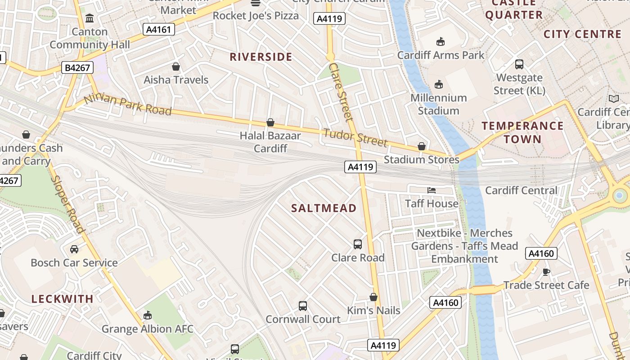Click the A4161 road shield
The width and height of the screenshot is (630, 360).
[159, 30]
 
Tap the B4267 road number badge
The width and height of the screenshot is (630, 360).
[77, 68]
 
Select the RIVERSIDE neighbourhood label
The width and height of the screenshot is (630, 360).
[261, 57]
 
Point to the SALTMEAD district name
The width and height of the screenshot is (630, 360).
[324, 208]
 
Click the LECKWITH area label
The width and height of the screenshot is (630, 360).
[63, 298]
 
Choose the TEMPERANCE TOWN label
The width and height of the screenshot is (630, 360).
[522, 132]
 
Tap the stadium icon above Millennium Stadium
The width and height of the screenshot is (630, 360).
[439, 84]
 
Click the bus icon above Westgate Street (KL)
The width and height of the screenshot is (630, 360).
[519, 64]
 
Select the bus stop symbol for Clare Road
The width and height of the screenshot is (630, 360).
[358, 244]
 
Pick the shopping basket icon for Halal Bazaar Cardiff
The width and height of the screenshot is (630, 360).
[270, 122]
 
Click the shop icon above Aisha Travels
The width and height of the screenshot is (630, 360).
[176, 67]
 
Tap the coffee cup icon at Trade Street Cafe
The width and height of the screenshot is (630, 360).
[546, 272]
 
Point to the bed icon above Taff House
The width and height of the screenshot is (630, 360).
[432, 190]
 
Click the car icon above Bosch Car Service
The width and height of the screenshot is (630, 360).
[74, 249]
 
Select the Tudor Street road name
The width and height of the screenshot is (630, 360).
[355, 137]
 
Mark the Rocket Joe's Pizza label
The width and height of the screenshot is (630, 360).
[256, 16]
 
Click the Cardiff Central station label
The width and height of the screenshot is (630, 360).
[521, 190]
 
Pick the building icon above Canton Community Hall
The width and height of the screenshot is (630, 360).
[90, 18]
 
